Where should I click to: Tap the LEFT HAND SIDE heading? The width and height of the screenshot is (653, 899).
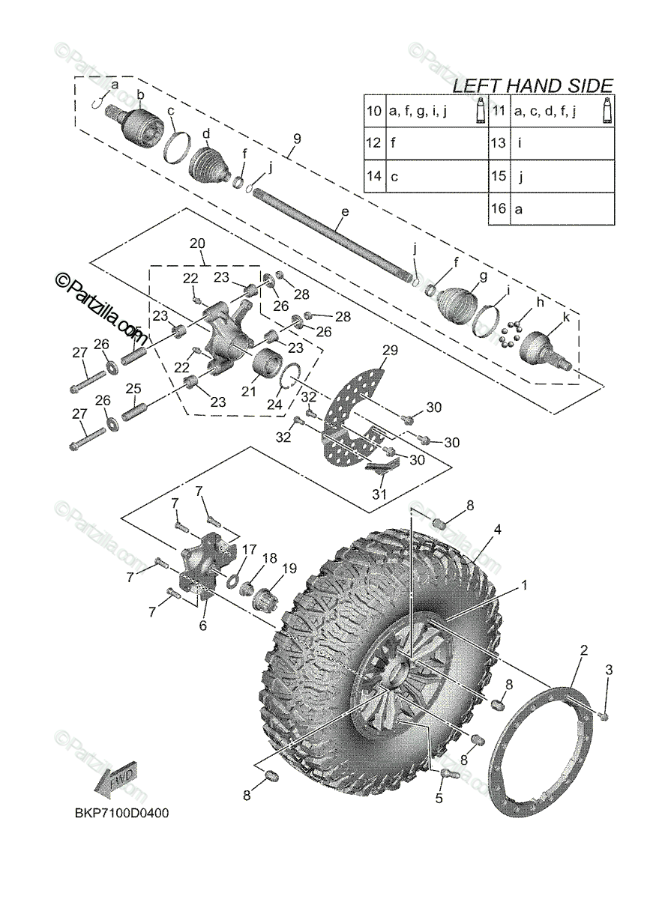[x=533, y=85]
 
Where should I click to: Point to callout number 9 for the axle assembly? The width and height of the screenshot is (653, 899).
[x=296, y=139]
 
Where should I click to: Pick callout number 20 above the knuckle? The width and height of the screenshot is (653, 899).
[x=197, y=243]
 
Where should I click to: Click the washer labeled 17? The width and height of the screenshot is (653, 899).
[x=232, y=581]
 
